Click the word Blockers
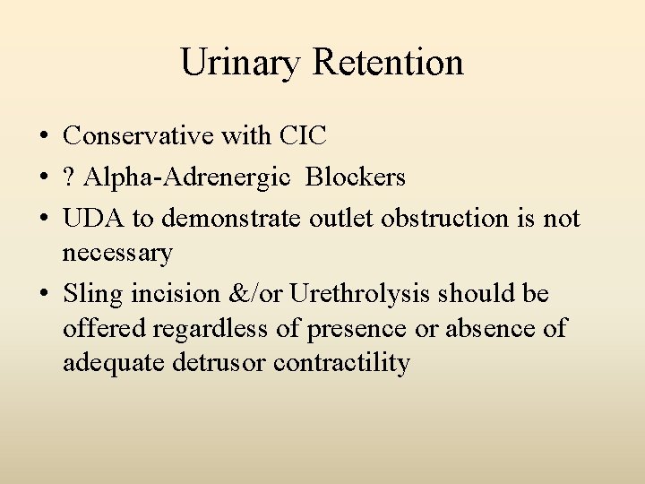(x=356, y=177)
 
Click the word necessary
(x=117, y=254)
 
